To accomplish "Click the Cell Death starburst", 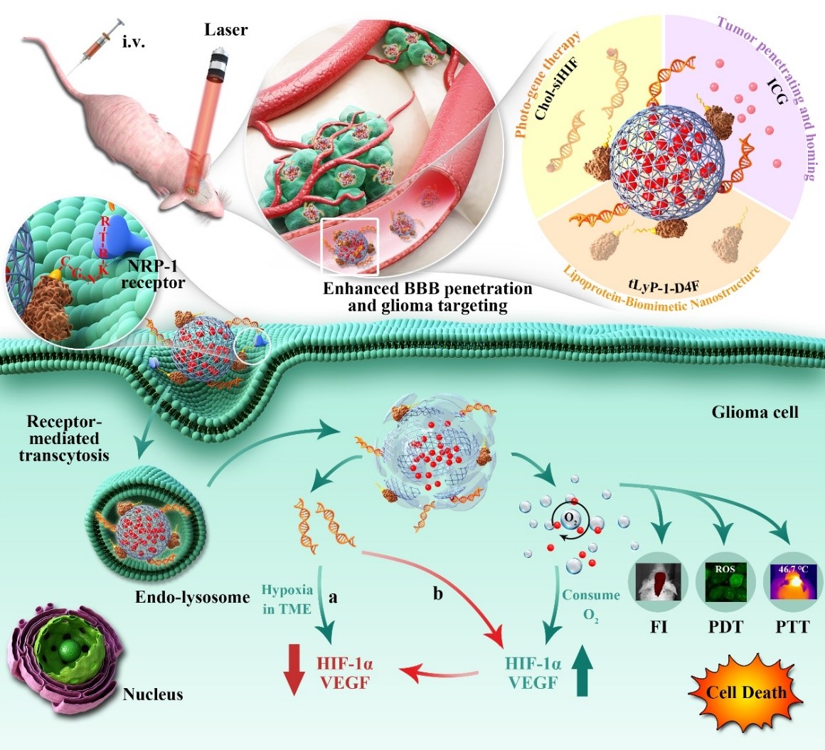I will [x=746, y=691].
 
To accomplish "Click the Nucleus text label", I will [x=153, y=694].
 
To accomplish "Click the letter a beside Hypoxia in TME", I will [x=332, y=599].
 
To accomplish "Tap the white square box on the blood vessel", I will [x=350, y=246].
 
